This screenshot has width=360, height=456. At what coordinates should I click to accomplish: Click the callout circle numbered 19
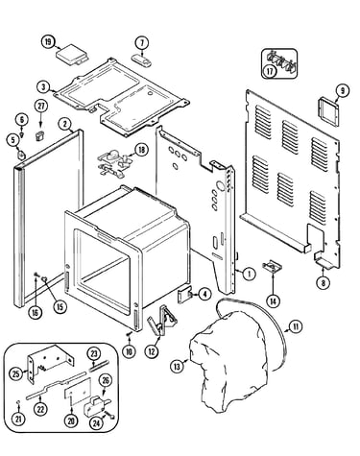point(48,42)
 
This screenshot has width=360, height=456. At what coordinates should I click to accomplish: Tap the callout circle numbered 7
point(142,42)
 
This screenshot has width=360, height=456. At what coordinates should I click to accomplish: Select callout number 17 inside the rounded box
point(270,71)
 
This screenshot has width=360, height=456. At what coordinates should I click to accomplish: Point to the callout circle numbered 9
point(343,91)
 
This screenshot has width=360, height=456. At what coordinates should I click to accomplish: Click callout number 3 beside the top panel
point(43,86)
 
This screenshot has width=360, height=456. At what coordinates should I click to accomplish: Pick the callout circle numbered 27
point(41,107)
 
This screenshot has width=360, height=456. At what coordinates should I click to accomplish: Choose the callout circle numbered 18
point(142,150)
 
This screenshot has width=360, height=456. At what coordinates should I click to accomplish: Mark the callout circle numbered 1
point(249,274)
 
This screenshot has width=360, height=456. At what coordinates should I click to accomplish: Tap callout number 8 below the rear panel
point(323,282)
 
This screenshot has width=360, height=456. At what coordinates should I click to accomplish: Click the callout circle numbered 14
point(274,300)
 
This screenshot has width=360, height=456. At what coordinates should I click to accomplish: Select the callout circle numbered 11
point(296,326)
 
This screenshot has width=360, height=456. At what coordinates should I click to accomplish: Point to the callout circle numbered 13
point(177,366)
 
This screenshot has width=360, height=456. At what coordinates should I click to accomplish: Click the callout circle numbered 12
point(152,351)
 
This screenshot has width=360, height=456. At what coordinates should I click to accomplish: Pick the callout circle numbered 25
point(16,373)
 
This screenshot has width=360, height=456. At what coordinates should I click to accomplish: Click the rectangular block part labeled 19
point(72,55)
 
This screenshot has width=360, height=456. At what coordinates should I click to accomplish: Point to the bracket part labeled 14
point(273,266)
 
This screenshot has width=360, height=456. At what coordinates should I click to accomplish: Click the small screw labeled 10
point(130,334)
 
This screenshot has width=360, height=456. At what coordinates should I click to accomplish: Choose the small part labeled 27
point(39,135)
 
